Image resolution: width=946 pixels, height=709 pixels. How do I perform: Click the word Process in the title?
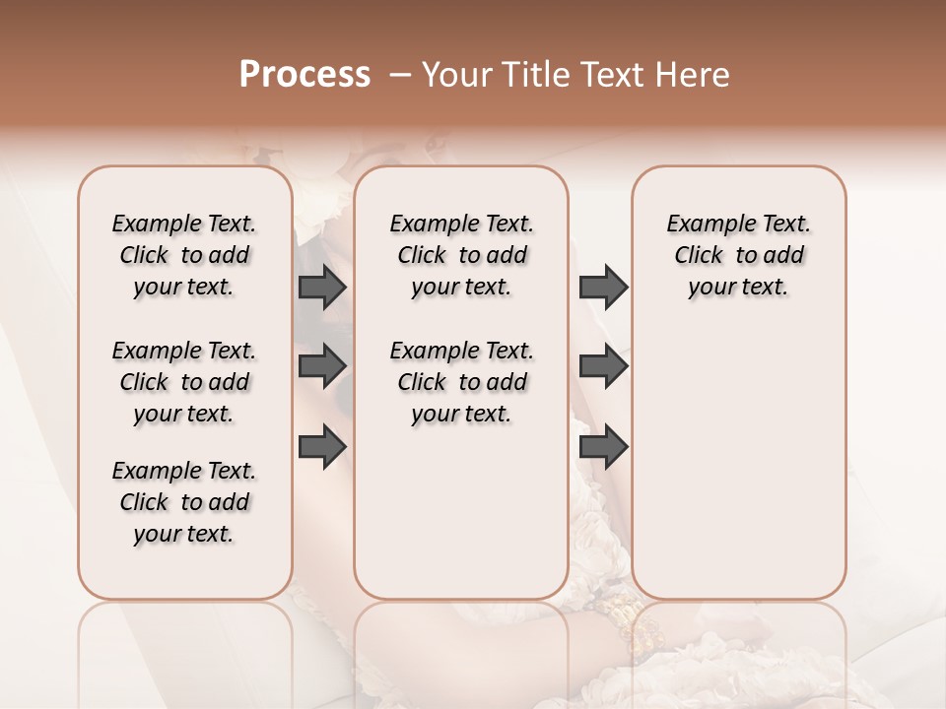304,75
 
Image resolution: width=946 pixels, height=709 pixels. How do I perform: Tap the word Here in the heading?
690,75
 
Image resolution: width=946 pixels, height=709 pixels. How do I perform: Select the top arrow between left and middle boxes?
322,287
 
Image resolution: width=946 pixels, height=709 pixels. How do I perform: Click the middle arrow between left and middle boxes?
322,366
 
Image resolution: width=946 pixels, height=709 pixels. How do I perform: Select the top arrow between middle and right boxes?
603,287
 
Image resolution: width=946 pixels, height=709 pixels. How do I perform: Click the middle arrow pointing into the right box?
603,366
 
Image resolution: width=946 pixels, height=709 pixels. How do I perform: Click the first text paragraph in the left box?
184,255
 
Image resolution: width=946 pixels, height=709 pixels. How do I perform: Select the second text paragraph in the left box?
184,382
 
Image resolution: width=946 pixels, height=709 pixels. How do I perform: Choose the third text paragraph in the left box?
184,502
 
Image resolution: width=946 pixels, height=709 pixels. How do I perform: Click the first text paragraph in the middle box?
461,255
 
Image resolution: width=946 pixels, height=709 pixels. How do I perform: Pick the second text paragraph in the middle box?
461,382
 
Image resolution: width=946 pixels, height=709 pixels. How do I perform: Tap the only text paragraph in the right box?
738,255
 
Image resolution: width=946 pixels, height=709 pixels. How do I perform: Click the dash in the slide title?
400,75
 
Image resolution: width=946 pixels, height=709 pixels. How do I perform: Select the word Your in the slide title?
454,75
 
